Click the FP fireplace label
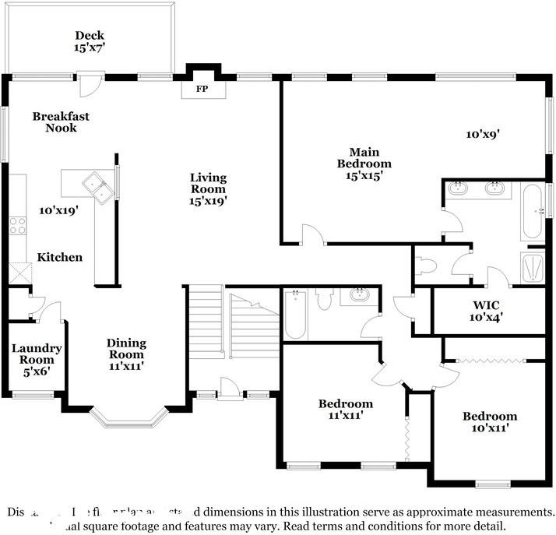pos(202,90)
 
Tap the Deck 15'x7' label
pos(90,40)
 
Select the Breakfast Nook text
pos(61,121)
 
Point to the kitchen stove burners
pos(16,225)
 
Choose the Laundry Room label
pos(37,360)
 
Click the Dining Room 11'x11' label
pos(126,354)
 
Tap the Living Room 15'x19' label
pos(208,188)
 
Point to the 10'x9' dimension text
pos(482,134)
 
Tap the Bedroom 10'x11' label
pos(489,421)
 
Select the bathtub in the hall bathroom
pos(295,315)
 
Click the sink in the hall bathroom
pos(359,295)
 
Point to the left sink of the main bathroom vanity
pos(459,188)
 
